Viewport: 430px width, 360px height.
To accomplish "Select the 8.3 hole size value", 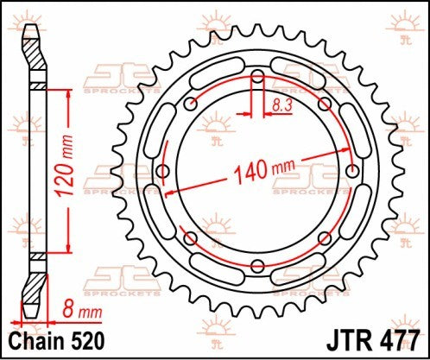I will click(281, 104).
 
